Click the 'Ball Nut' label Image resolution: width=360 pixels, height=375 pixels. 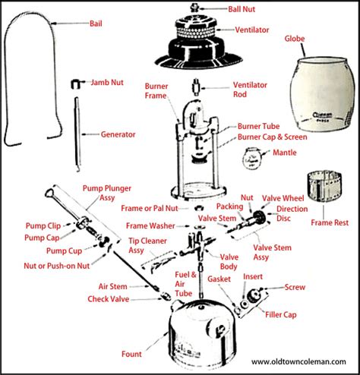[x=242, y=9]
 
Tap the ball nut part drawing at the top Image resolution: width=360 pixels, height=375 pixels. [x=194, y=7]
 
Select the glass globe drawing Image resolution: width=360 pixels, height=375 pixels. [x=322, y=93]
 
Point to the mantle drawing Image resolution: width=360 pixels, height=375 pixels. [x=251, y=158]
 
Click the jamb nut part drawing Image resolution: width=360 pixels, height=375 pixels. [x=76, y=84]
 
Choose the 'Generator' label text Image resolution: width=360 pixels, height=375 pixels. [x=118, y=134]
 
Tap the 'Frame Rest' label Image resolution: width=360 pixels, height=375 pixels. [x=330, y=222]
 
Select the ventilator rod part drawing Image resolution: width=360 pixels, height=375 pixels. [x=196, y=87]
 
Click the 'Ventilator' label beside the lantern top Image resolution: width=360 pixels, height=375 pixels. [x=252, y=30]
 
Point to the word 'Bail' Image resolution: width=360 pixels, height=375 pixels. [x=96, y=24]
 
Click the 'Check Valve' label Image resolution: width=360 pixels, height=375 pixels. [x=109, y=299]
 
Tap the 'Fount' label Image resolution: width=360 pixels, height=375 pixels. [x=131, y=354]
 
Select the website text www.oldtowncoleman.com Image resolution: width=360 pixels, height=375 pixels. [x=298, y=361]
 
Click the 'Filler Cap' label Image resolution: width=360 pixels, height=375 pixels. [x=281, y=314]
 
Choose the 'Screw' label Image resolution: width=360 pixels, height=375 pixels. [x=295, y=287]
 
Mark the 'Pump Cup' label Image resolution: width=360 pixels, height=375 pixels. [x=65, y=251]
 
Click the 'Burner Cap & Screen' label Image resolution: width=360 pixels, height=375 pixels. [x=273, y=137]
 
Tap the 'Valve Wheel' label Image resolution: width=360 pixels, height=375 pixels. [x=283, y=198]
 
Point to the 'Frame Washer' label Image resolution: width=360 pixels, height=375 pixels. [x=150, y=225]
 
